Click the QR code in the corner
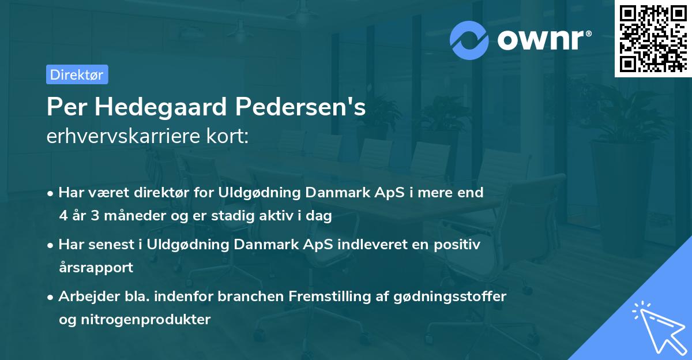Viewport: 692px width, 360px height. tap(653, 39)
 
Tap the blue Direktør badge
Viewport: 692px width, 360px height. tap(77, 74)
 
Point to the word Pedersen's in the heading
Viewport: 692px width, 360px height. tap(300, 107)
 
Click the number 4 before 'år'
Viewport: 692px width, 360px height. tap(62, 216)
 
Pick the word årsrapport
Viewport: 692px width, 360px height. tap(96, 267)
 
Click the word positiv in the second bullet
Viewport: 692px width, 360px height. tap(458, 245)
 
